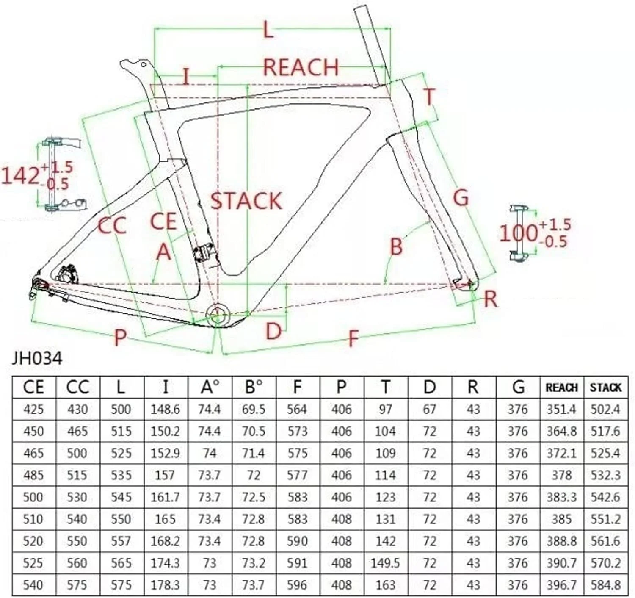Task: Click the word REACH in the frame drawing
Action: pos(301,67)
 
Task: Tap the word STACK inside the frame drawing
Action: pos(246,201)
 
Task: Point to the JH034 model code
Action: pos(37,359)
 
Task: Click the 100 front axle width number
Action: pos(519,233)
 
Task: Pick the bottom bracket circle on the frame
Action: pos(218,315)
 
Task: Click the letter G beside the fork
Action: pos(461,197)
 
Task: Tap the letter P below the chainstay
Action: pos(120,338)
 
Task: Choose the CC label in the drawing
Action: pos(112,225)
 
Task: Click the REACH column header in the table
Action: pos(562,388)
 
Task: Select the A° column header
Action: pos(210,387)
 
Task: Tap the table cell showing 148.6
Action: pos(165,409)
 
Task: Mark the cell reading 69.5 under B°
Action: pos(254,409)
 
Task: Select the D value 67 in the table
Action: pos(429,409)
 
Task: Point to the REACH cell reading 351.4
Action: pos(562,409)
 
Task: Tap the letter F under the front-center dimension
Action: pos(352,338)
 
